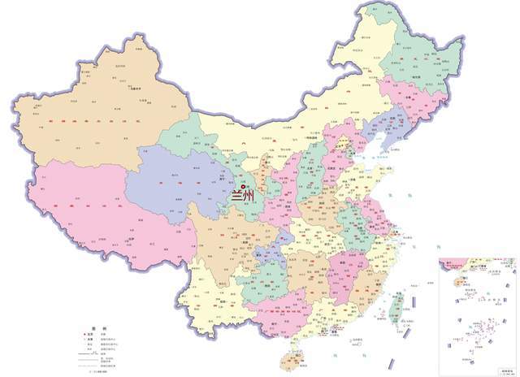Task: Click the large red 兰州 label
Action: (x=244, y=196)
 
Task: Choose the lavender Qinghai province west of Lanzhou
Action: (x=175, y=179)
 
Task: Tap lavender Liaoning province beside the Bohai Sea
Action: (x=382, y=130)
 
